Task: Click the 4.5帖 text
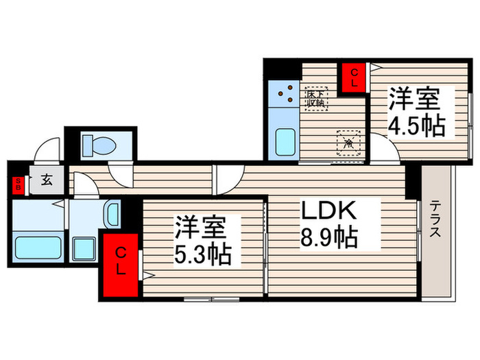click(x=416, y=125)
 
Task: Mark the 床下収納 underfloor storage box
click(x=317, y=99)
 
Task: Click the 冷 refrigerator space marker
click(x=348, y=142)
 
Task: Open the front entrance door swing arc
click(x=49, y=152)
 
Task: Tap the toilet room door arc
click(x=120, y=176)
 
